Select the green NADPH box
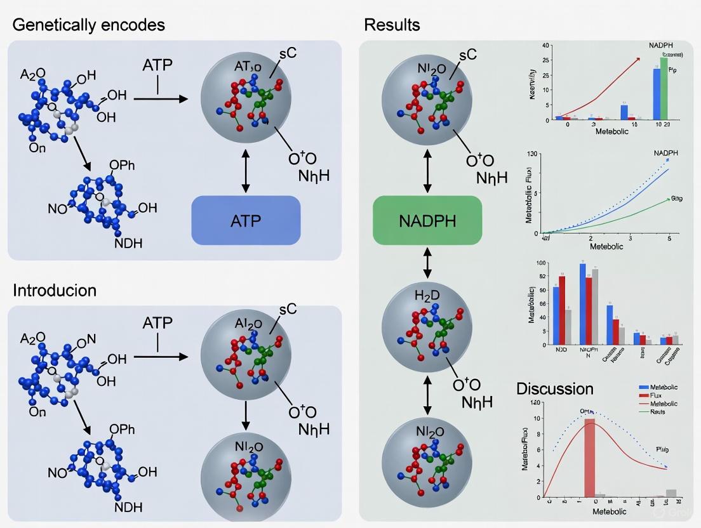point(427,221)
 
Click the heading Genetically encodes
point(88,25)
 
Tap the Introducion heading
point(55,290)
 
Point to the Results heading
point(392,25)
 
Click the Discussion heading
point(554,388)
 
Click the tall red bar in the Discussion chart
point(590,457)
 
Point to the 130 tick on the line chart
point(532,154)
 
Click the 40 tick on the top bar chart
point(545,46)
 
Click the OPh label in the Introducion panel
point(122,430)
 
